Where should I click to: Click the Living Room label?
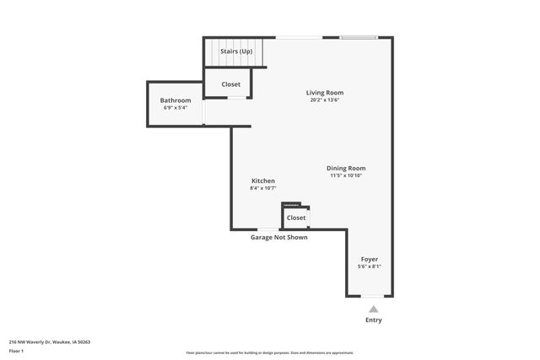pyautogui.click(x=324, y=93)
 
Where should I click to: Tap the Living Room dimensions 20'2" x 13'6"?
pyautogui.click(x=324, y=100)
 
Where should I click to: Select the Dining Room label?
pyautogui.click(x=346, y=168)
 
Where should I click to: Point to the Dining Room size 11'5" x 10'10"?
pyautogui.click(x=346, y=175)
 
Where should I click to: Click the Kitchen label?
pyautogui.click(x=263, y=180)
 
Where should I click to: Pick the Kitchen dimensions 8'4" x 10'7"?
pyautogui.click(x=263, y=188)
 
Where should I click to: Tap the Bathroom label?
pyautogui.click(x=175, y=100)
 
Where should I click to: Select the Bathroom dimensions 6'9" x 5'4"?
pyautogui.click(x=175, y=108)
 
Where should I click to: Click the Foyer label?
pyautogui.click(x=370, y=259)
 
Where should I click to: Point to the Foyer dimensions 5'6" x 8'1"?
pyautogui.click(x=370, y=266)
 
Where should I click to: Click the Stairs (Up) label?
pyautogui.click(x=236, y=51)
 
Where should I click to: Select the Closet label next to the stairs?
pyautogui.click(x=230, y=84)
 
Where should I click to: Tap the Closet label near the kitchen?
pyautogui.click(x=296, y=218)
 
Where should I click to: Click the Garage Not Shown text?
pyautogui.click(x=278, y=238)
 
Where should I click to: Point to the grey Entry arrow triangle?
pyautogui.click(x=373, y=309)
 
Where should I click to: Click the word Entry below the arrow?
pyautogui.click(x=373, y=320)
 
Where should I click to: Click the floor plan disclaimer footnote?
pyautogui.click(x=270, y=352)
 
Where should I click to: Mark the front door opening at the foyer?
pyautogui.click(x=371, y=296)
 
